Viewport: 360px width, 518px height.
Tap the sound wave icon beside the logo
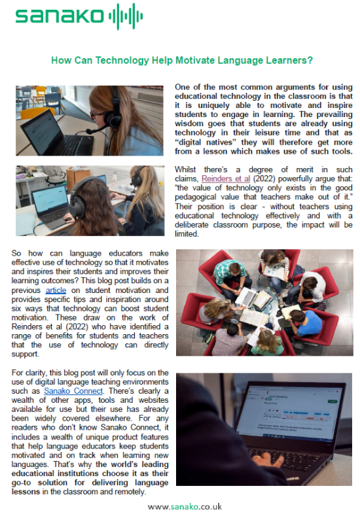tap(124, 15)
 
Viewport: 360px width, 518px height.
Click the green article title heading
tap(182, 60)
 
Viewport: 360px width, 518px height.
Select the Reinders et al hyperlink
tap(226, 179)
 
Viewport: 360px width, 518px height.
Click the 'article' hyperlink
tap(56, 290)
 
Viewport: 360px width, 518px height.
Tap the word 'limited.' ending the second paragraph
tap(189, 233)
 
